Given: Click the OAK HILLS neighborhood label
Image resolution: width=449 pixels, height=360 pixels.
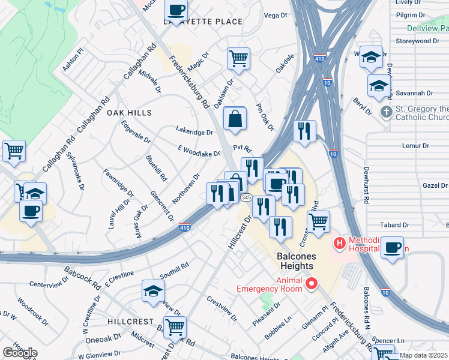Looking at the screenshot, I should tap(129, 113).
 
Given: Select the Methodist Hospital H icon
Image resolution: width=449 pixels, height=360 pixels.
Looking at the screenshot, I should tap(339, 244).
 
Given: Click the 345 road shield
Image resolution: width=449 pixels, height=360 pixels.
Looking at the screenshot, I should tap(246, 197).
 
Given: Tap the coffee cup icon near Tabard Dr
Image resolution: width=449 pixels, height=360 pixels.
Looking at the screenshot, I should tap(392, 247).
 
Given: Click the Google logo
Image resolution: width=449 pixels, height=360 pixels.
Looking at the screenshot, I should tap(20, 353).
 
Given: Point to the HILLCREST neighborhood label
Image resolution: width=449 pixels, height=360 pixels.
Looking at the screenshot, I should tap(131, 322).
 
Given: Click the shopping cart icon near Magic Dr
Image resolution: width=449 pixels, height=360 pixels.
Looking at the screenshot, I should tap(238, 59).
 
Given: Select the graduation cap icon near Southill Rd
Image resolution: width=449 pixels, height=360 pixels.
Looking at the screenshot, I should tap(153, 290).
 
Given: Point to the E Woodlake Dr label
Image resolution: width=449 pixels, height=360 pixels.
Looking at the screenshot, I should tap(199, 154).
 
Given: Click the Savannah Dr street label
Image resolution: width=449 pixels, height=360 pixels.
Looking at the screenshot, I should tap(414, 93).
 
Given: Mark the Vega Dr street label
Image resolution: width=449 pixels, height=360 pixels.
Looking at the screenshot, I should tap(276, 15).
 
